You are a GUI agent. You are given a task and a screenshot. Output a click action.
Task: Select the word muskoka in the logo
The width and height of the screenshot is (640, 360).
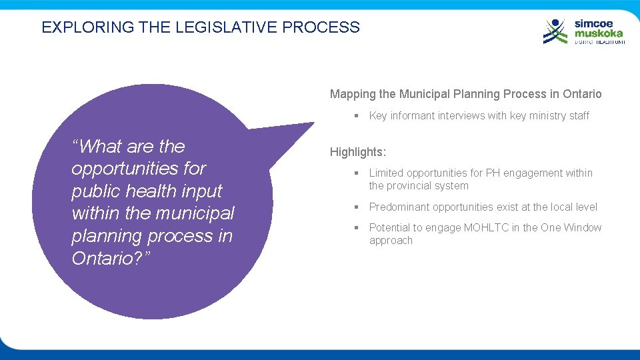pyautogui.click(x=599, y=33)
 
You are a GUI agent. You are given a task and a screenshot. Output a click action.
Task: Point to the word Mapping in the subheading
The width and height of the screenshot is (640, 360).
pyautogui.click(x=353, y=94)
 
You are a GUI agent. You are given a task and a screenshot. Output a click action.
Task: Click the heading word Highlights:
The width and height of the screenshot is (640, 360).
pyautogui.click(x=358, y=152)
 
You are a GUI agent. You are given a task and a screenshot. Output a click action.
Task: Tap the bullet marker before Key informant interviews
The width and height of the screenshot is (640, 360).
pyautogui.click(x=357, y=116)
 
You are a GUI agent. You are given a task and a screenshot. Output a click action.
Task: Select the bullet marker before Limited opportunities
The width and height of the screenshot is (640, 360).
pyautogui.click(x=357, y=173)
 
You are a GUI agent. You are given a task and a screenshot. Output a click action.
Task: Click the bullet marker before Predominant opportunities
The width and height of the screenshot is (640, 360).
pyautogui.click(x=357, y=207)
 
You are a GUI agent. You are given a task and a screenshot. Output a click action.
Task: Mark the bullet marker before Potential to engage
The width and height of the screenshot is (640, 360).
pyautogui.click(x=357, y=228)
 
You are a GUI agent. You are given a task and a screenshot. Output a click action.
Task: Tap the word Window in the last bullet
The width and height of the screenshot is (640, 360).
pyautogui.click(x=583, y=227)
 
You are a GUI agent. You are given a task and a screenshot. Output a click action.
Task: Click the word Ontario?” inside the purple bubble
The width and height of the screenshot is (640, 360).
pyautogui.click(x=111, y=258)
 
